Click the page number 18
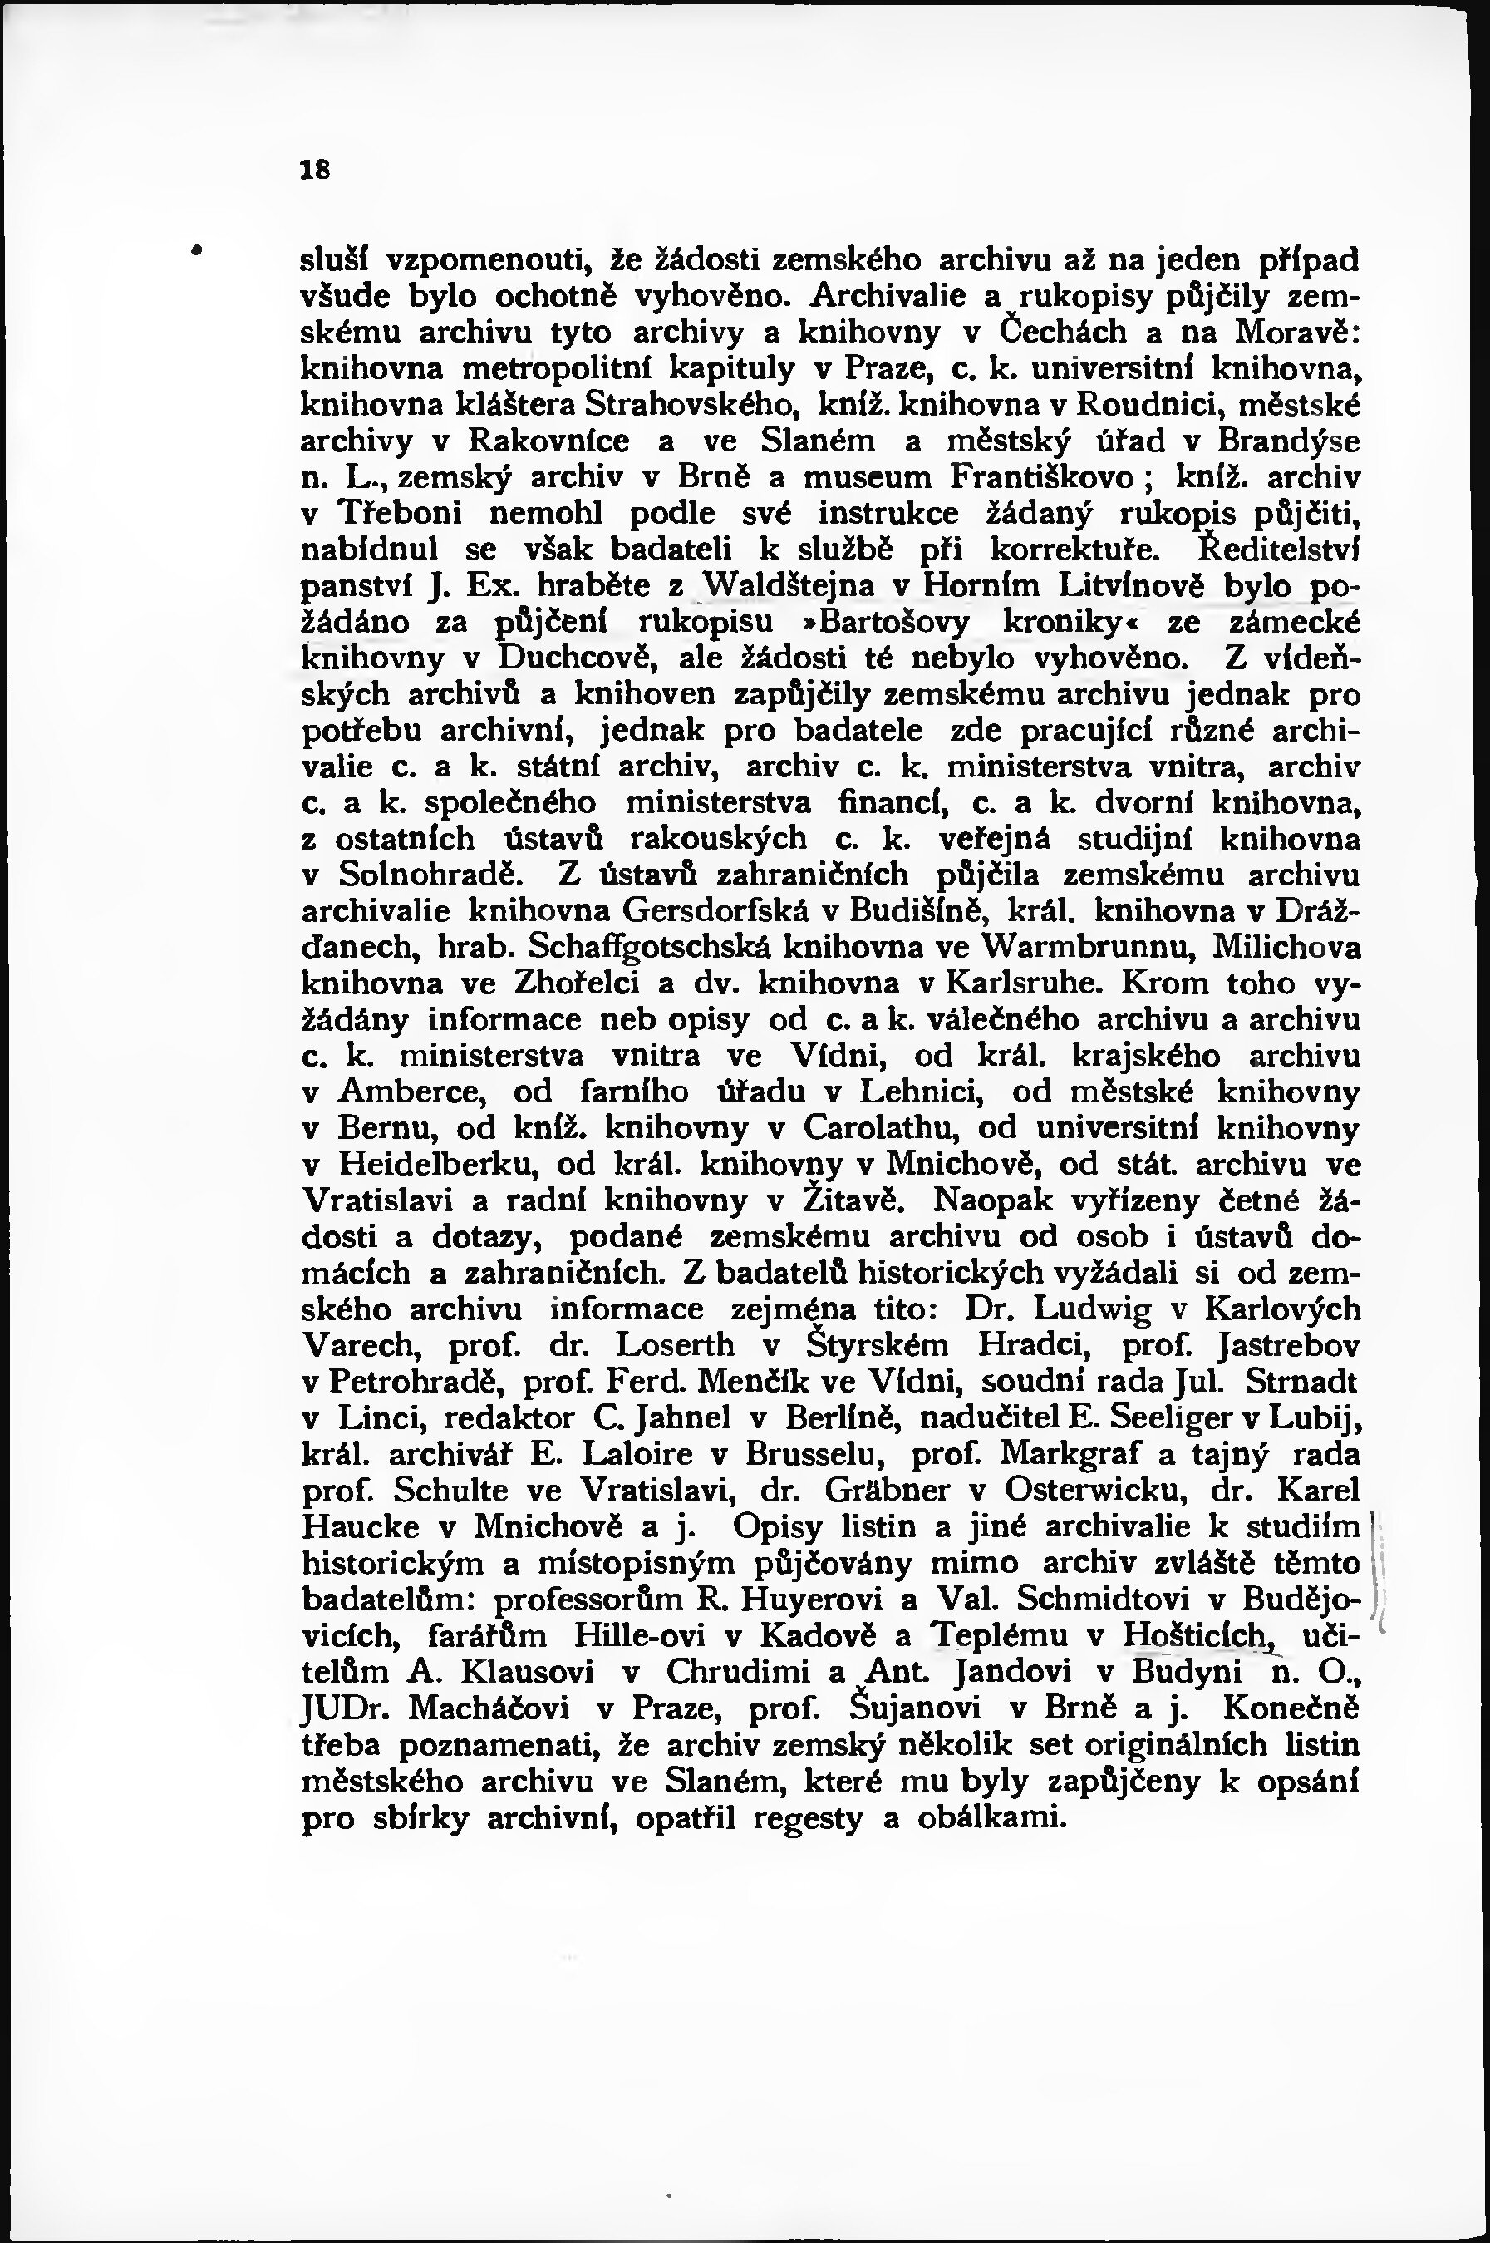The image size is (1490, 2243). click(314, 169)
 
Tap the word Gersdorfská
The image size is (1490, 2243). click(716, 910)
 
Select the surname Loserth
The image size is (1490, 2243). click(676, 1345)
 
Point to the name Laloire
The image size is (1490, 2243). click(654, 1454)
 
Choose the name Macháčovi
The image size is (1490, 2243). click(489, 1708)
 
